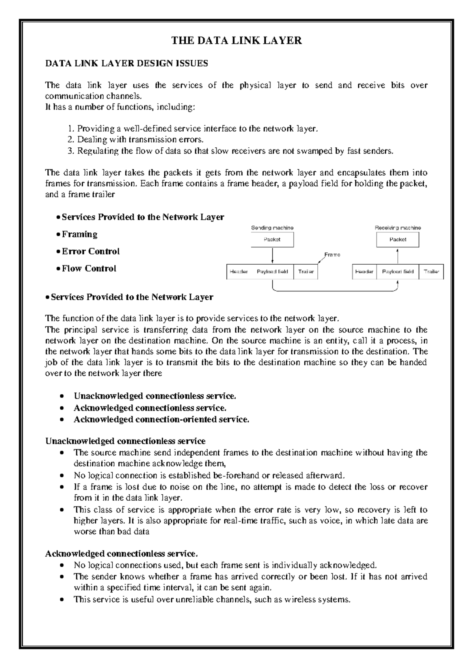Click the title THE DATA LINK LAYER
[x=236, y=40]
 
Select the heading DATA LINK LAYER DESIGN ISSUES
[x=127, y=63]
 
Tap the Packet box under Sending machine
[x=272, y=239]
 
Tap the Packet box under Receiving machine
[x=397, y=239]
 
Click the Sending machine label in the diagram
[x=272, y=228]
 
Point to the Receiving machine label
[x=397, y=228]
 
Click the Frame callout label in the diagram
[x=332, y=255]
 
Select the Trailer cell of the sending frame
[x=305, y=272]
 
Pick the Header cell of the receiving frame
[x=364, y=272]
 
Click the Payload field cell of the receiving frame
[x=398, y=272]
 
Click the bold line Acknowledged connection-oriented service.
[x=161, y=419]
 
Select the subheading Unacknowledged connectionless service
[x=125, y=441]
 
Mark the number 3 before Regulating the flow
[x=70, y=151]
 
